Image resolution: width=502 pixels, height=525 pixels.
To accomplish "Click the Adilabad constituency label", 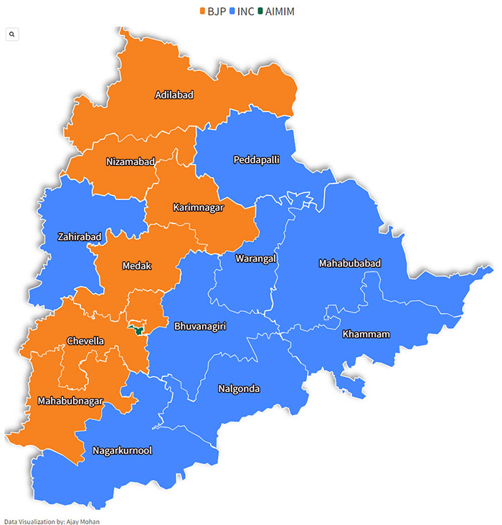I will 174,94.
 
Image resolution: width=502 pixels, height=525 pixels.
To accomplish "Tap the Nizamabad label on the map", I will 130,161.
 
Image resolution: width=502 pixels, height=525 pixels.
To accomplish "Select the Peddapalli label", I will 256,159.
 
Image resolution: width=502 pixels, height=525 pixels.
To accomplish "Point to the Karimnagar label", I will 198,208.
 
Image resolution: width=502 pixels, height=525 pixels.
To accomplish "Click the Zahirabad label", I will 79,236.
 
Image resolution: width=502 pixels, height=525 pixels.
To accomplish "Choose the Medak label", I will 136,265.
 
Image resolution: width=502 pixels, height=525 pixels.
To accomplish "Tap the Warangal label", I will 255,258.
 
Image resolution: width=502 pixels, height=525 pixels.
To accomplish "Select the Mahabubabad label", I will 349,264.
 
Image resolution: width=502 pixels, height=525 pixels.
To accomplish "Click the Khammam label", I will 366,334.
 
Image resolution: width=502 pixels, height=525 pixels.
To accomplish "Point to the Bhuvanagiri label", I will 200,326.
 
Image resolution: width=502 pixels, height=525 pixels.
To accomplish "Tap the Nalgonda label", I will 239,389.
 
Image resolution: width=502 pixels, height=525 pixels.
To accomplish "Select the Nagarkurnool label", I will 122,450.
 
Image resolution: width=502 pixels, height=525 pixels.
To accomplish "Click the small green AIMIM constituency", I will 135,330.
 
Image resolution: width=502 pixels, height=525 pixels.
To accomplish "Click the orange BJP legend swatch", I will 202,11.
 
